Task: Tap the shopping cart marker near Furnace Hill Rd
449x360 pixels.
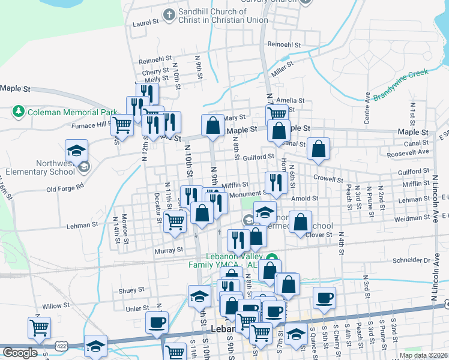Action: [122, 126]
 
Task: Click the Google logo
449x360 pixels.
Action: [20, 353]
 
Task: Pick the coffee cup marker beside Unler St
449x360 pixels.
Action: [157, 321]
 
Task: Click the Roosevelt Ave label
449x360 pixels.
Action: [408, 152]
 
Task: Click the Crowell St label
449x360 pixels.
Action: [328, 179]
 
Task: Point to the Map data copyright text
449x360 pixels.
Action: [423, 355]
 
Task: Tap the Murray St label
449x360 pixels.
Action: [168, 250]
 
